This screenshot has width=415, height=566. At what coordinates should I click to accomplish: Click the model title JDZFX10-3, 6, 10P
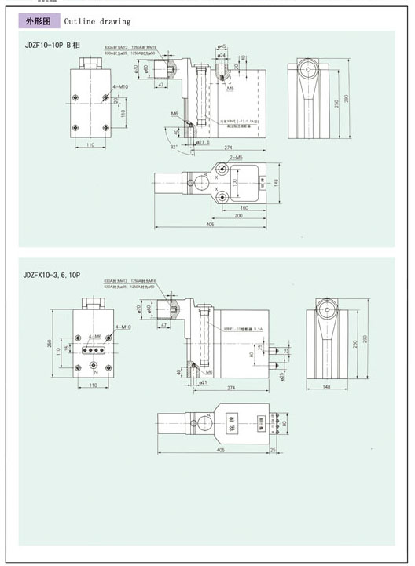coord(53,275)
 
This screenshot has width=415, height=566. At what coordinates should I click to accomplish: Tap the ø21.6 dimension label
coord(204,142)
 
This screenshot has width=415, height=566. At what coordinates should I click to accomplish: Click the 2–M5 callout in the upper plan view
coord(236,159)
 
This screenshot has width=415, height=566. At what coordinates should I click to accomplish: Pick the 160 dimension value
coord(244,208)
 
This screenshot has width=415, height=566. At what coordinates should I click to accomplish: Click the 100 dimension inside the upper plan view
coord(233,182)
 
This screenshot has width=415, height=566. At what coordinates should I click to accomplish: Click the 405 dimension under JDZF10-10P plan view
coord(211,225)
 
